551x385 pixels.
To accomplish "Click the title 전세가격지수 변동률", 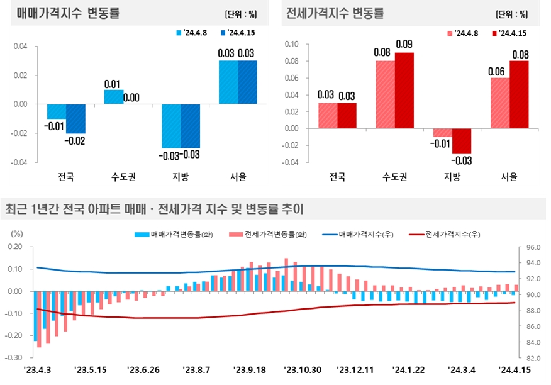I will point(335,13).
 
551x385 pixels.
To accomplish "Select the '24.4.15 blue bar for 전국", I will point(75,118).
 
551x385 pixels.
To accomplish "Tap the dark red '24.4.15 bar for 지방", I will point(462,140).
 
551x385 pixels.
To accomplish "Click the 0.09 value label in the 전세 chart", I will point(404,45).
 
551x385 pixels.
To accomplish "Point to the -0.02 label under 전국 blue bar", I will point(76,140).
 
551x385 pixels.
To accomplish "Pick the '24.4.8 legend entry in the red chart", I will point(463,33).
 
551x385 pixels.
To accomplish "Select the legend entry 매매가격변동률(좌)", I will point(175,234).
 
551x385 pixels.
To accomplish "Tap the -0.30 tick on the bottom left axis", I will point(14,358).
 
